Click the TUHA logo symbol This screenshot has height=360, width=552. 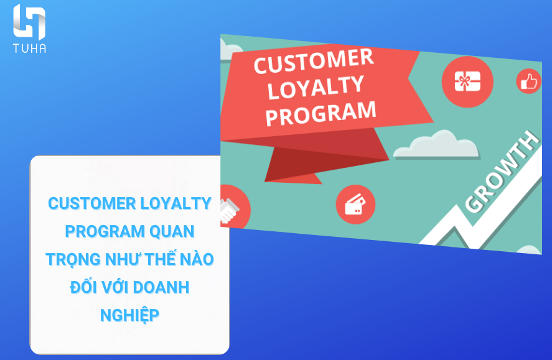[29, 22]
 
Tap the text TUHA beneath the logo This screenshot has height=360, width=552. [29, 48]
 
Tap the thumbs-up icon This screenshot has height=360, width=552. [528, 81]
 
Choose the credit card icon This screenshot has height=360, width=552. [355, 204]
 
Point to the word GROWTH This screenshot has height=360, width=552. [502, 171]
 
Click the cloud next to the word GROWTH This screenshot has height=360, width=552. [436, 144]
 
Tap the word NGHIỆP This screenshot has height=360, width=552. [129, 315]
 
